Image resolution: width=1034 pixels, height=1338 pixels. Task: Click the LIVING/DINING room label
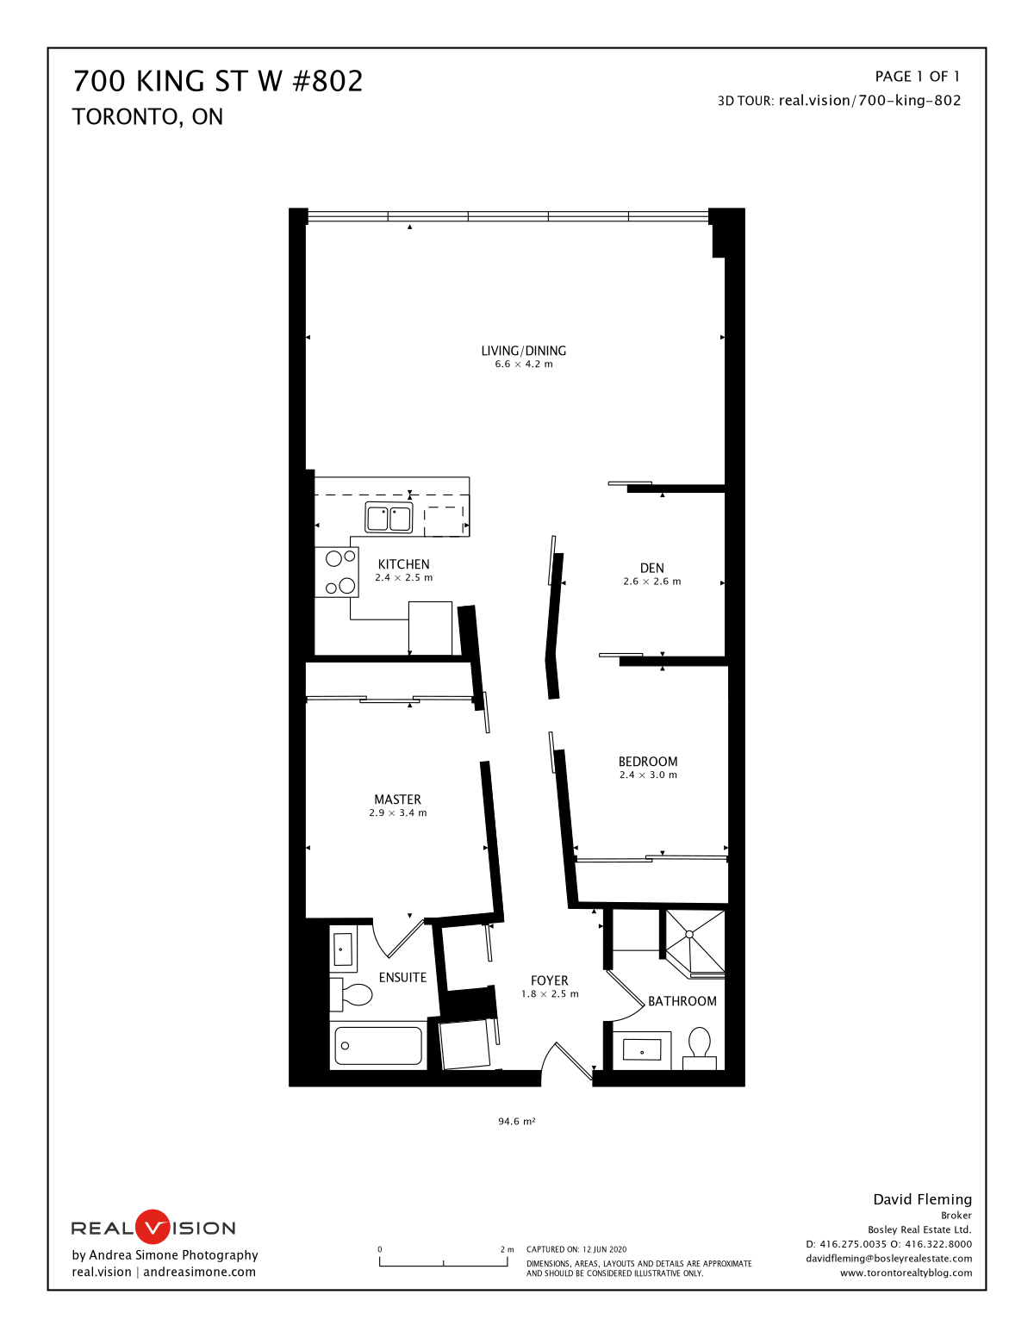pos(524,351)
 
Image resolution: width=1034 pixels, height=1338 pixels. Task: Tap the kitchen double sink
pos(389,518)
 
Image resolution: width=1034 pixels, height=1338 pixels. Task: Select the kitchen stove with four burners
pos(337,572)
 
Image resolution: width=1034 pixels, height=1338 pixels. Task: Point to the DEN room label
pos(651,569)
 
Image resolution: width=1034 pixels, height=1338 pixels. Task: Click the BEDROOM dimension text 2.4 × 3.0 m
pos(648,775)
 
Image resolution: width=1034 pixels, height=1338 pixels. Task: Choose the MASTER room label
pos(398,800)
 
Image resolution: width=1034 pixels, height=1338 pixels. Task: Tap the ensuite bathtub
pos(379,1046)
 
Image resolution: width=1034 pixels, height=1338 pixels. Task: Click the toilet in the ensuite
pos(351,994)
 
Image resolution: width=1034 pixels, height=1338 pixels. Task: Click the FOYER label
pos(550,980)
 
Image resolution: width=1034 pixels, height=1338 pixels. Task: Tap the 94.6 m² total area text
pos(517,1122)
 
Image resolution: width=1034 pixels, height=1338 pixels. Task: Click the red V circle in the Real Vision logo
pos(153,1228)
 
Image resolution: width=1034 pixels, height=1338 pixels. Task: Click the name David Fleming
pos(923,1199)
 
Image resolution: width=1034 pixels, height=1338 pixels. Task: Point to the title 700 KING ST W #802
pos(218,81)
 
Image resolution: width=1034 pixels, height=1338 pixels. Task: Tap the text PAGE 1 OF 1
pos(918,77)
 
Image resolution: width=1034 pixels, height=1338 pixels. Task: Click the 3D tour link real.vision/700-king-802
pos(869,101)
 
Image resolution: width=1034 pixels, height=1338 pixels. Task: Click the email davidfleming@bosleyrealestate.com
pos(889,1259)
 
